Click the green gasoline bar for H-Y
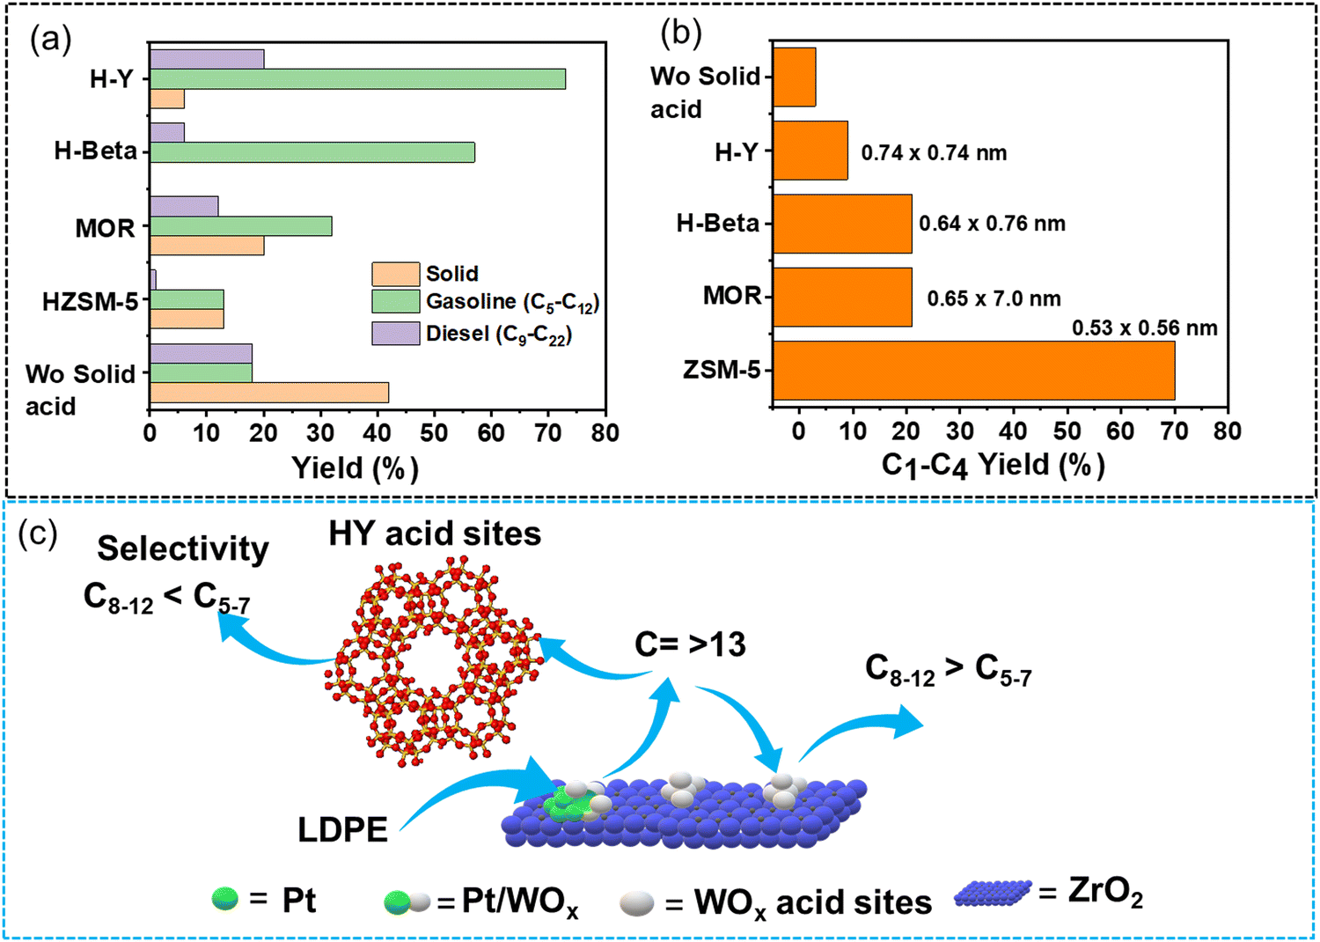[357, 79]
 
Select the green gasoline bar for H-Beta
[312, 152]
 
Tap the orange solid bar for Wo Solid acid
[269, 393]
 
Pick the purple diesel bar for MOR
[184, 206]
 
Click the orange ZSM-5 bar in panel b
[974, 370]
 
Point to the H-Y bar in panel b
[810, 151]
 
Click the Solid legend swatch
[395, 274]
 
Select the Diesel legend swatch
[395, 334]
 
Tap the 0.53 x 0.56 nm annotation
[1144, 328]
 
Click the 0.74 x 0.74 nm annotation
[934, 153]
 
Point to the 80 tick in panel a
[605, 433]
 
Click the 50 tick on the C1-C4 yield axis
[1067, 431]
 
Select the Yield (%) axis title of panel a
[355, 468]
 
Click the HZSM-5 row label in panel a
[91, 303]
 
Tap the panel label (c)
[38, 534]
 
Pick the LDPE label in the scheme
[342, 830]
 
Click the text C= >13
[690, 645]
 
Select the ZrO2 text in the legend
[1105, 894]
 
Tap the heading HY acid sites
[435, 534]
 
